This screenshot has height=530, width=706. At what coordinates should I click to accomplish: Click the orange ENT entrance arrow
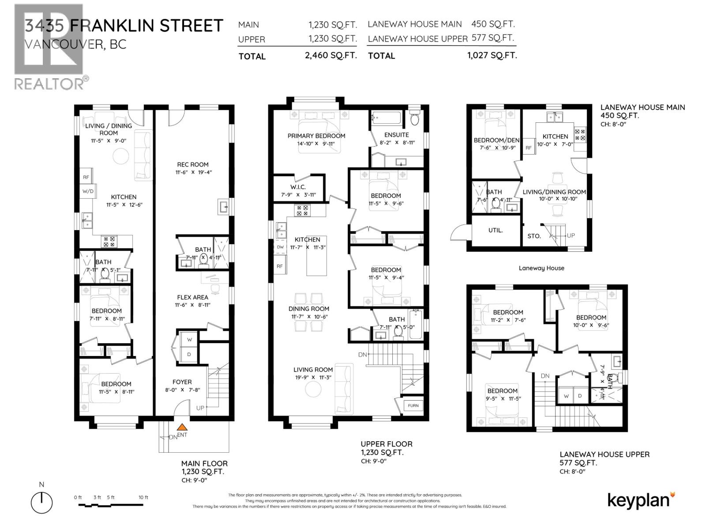coord(181,427)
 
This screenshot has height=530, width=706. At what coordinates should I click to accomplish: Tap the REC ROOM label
coord(193,164)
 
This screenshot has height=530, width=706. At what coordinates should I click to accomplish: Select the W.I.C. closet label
coord(298,187)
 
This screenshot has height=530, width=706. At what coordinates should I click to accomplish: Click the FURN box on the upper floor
coord(413,405)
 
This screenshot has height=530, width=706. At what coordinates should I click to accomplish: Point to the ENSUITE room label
coord(396,135)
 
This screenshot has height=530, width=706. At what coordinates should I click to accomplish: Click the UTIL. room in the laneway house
coord(496,230)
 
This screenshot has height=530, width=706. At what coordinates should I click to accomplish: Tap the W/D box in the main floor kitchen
coord(88,191)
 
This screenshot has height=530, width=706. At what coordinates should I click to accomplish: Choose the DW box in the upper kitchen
coord(280,247)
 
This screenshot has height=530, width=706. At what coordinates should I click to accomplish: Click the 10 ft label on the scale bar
coord(143,497)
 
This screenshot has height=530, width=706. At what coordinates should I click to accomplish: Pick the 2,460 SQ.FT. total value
coord(330,56)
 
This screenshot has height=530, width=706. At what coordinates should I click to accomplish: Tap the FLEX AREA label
coord(192,297)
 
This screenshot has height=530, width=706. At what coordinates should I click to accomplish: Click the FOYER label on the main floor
coord(182,382)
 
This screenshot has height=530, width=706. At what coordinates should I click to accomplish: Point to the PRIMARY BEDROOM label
coord(316,136)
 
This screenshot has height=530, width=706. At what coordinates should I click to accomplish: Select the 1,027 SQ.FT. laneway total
coord(492,55)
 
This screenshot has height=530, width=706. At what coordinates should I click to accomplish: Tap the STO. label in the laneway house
coord(534,236)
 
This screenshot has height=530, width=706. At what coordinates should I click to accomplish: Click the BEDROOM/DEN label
coord(496,140)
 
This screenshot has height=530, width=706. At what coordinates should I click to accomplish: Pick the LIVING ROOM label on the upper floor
coord(313,370)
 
